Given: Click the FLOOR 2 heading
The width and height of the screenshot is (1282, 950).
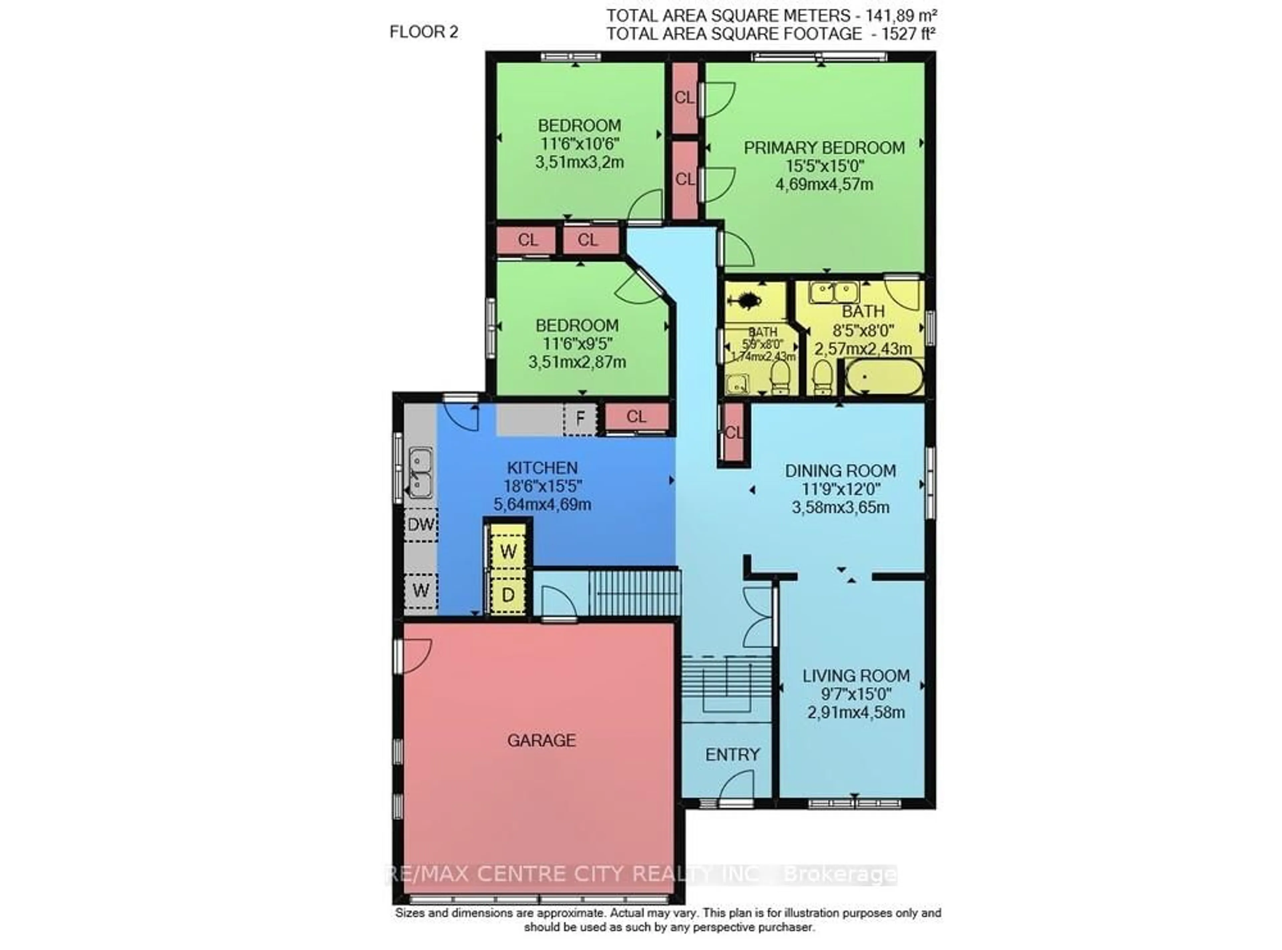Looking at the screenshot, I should tap(424, 32).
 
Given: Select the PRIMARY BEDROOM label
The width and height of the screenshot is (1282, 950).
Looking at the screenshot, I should tap(824, 148).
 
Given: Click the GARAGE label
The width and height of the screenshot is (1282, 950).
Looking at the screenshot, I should tap(541, 740).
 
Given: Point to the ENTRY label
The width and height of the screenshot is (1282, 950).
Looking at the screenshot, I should tap(732, 754).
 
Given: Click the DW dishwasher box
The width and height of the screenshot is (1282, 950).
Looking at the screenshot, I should tap(421, 525).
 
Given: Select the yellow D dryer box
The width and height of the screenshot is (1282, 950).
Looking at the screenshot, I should tap(508, 595).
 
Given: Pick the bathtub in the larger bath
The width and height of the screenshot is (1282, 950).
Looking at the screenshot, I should tap(884, 377).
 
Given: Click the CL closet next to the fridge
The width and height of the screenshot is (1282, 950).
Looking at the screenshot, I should tap(636, 416).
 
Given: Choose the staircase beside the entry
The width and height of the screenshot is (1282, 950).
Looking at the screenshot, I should tap(725, 688).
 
